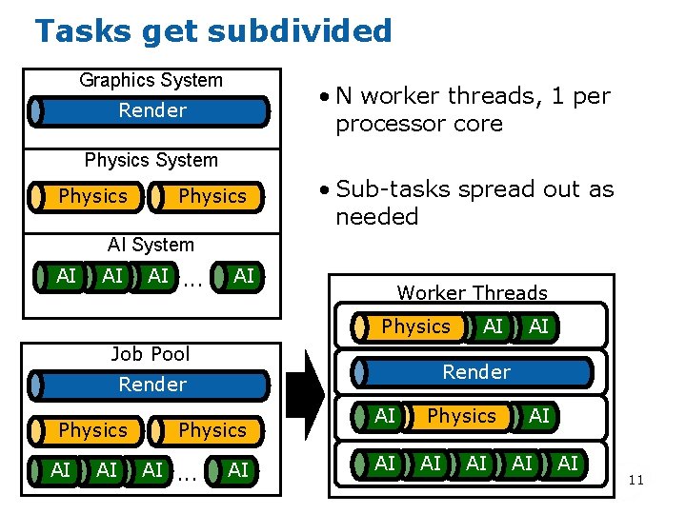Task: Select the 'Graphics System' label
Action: pyautogui.click(x=151, y=81)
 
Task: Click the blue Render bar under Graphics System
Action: pyautogui.click(x=152, y=111)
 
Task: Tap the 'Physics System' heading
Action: pyautogui.click(x=151, y=160)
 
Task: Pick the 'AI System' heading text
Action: pyautogui.click(x=151, y=246)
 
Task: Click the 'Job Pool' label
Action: pyautogui.click(x=151, y=354)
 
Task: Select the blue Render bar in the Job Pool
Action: pyautogui.click(x=152, y=385)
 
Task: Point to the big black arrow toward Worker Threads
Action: pyautogui.click(x=306, y=399)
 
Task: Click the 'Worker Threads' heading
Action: pyautogui.click(x=472, y=293)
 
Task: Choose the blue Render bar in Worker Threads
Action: pyautogui.click(x=475, y=372)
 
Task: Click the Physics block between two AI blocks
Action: pyautogui.click(x=461, y=416)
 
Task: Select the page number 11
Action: pyautogui.click(x=636, y=480)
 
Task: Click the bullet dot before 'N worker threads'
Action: pyautogui.click(x=326, y=97)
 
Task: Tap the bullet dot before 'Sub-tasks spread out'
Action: pyautogui.click(x=326, y=190)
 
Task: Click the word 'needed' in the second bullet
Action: pyautogui.click(x=377, y=217)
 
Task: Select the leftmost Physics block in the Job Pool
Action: pyautogui.click(x=91, y=430)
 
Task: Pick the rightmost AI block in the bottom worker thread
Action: pyautogui.click(x=567, y=464)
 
